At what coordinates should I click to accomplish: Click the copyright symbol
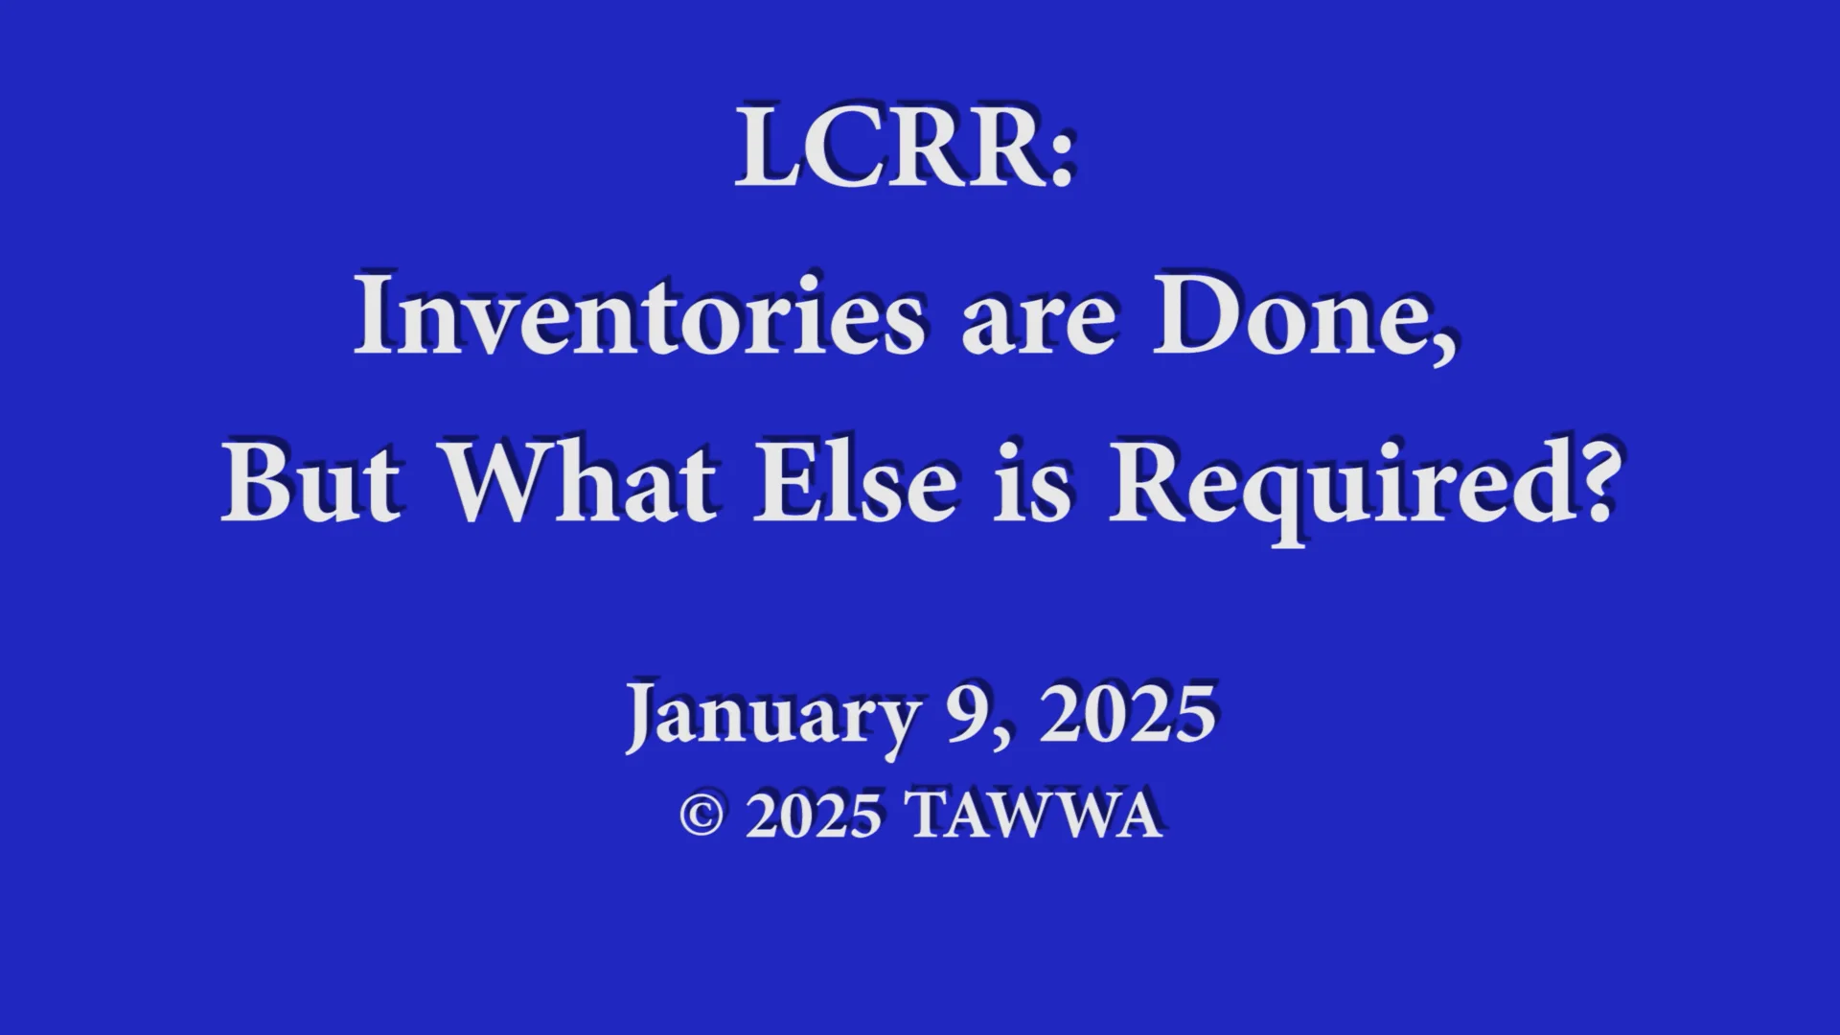pyautogui.click(x=701, y=816)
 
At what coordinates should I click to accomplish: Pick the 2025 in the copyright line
pyautogui.click(x=813, y=816)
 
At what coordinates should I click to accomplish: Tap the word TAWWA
pyautogui.click(x=1035, y=816)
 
